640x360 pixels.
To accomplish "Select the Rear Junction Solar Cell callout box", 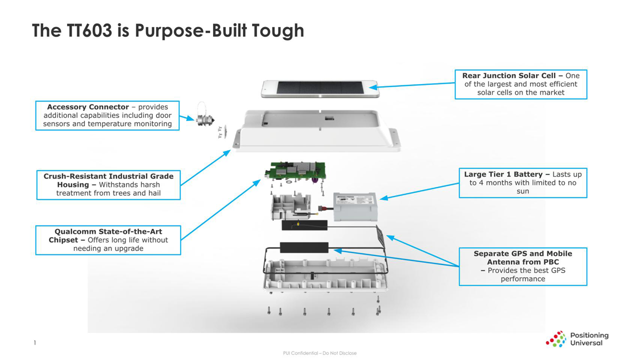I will click(520, 84).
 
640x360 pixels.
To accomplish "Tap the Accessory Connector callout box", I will click(107, 115).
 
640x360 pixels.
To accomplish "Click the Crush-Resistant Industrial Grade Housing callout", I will click(108, 184).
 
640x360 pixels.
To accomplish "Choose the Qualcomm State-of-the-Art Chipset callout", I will click(108, 240).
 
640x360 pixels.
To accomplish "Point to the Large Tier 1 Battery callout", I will click(522, 182).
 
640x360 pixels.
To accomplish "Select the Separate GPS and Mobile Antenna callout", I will click(522, 266).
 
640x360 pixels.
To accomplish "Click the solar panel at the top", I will click(320, 89).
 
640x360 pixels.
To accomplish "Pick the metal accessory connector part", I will click(204, 120).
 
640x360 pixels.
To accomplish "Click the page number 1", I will click(34, 342).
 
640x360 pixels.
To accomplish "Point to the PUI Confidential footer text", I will click(320, 353).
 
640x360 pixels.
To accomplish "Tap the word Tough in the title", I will click(277, 30).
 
